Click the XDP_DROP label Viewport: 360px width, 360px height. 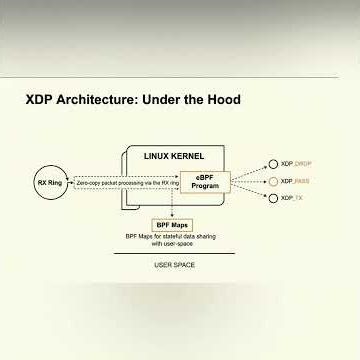tap(297, 164)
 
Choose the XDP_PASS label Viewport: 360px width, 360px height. tap(297, 181)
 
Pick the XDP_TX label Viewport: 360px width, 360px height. tap(293, 198)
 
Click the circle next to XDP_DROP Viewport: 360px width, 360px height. tap(273, 164)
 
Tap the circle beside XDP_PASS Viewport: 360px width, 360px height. tap(273, 181)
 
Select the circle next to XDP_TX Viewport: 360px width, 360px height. tap(273, 198)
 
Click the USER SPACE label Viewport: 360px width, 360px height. tap(174, 265)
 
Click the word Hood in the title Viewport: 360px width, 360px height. tap(222, 100)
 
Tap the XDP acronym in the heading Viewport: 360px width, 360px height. tap(41, 100)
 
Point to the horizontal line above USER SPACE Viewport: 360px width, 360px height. tap(174, 253)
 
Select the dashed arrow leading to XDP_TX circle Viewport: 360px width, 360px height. tap(250, 192)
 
